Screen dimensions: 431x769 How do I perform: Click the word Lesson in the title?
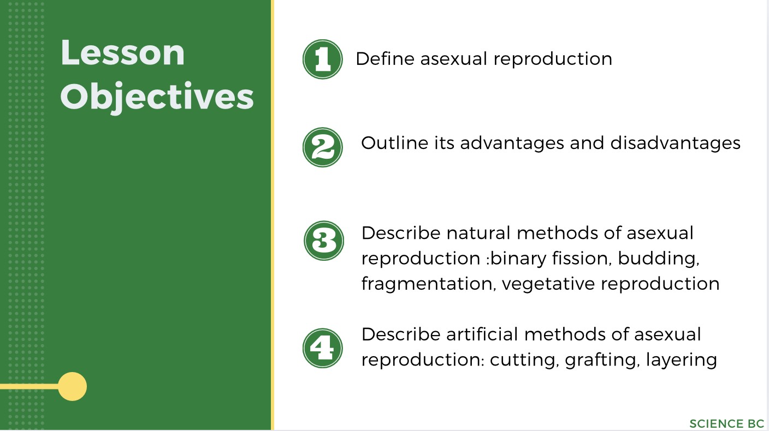(x=123, y=53)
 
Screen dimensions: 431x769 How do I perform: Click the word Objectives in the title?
(x=157, y=98)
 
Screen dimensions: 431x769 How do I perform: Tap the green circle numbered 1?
(x=323, y=59)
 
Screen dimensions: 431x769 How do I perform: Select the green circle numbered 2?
(x=323, y=147)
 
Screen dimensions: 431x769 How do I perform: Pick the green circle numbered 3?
(x=324, y=241)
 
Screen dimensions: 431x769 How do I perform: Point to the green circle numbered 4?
(x=323, y=348)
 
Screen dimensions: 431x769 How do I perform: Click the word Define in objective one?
(x=385, y=59)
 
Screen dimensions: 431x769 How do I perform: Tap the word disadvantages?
(x=675, y=143)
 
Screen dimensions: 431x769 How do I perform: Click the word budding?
(x=659, y=259)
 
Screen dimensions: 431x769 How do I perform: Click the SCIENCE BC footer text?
(x=726, y=424)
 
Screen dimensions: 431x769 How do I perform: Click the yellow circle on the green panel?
(x=72, y=386)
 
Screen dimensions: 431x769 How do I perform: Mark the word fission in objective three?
(x=585, y=259)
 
